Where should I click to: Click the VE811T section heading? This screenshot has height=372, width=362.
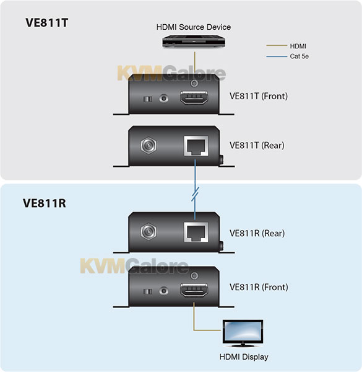pos(46,23)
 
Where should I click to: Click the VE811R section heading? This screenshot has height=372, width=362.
pos(45,203)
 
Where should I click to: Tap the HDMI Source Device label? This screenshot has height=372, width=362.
pos(194,27)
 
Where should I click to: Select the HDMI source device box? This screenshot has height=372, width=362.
pos(194,42)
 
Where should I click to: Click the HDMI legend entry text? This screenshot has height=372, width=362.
pos(298,46)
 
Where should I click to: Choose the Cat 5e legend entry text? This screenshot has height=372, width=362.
pos(300,56)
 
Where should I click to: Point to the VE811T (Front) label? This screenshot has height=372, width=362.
pos(259,96)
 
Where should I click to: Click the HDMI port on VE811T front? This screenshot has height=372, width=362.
pos(194,97)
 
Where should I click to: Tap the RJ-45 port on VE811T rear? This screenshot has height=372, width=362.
pos(196,146)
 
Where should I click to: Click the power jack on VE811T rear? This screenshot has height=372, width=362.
pos(149,145)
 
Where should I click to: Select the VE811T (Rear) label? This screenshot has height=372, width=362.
pos(257,146)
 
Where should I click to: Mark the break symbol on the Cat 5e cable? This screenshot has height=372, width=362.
pos(195,194)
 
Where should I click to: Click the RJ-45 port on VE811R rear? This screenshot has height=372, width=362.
pos(196,232)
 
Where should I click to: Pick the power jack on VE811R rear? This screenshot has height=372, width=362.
pos(149,231)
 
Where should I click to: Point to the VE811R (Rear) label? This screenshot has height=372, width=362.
pos(257,233)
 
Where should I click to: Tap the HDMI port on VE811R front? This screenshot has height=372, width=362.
pos(194,290)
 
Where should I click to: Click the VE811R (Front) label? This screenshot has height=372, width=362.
pos(259,287)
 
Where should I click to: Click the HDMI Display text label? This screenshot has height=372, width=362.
pos(244,357)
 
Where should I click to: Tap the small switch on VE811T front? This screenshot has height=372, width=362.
pos(148,99)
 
